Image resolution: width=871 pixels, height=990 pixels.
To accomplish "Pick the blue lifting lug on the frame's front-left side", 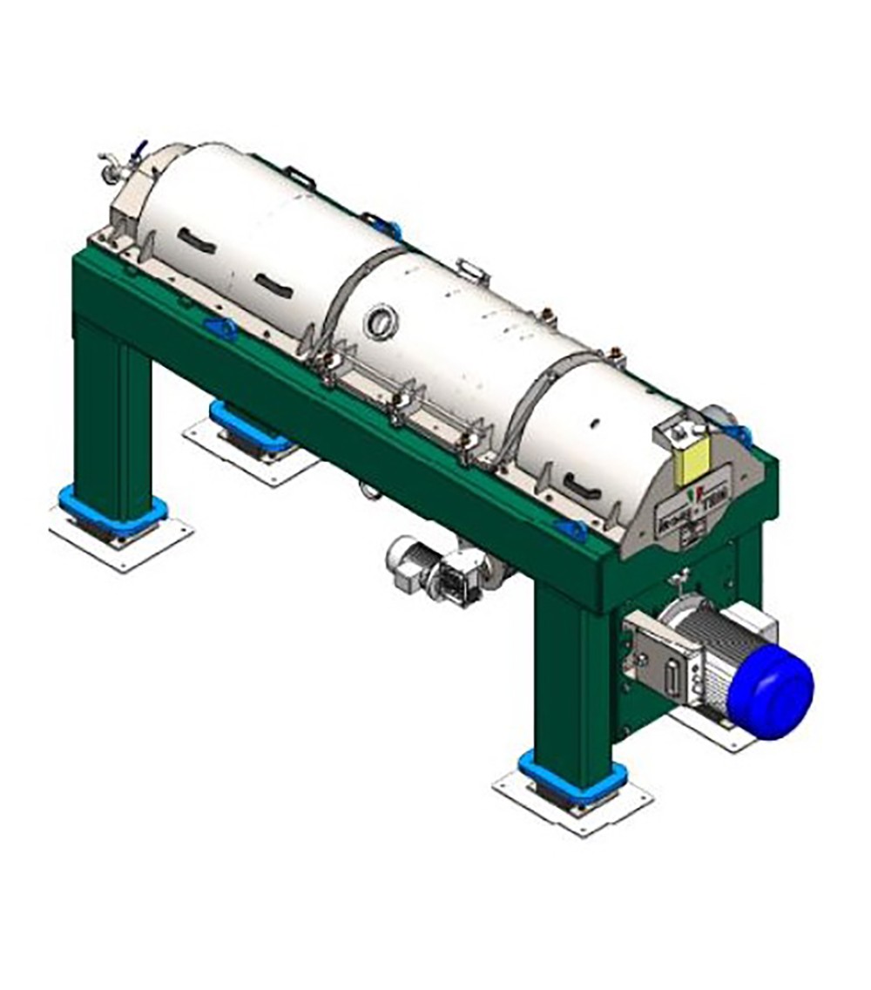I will point(220,329).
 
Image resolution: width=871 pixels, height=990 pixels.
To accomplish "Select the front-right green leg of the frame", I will point(571,680).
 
